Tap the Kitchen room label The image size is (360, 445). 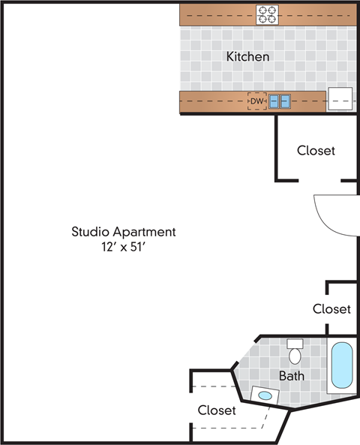247,56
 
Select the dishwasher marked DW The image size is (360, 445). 257,101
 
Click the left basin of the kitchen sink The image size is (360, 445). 274,101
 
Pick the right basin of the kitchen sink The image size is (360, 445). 285,101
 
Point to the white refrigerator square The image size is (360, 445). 340,100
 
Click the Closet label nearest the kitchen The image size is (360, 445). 316,150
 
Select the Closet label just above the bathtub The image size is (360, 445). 331,308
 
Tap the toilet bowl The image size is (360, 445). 295,356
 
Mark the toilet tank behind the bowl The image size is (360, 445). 295,343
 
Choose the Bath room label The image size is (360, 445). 292,375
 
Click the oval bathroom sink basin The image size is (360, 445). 264,395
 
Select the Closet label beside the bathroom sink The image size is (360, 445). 217,410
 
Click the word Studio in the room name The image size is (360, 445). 89,232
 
